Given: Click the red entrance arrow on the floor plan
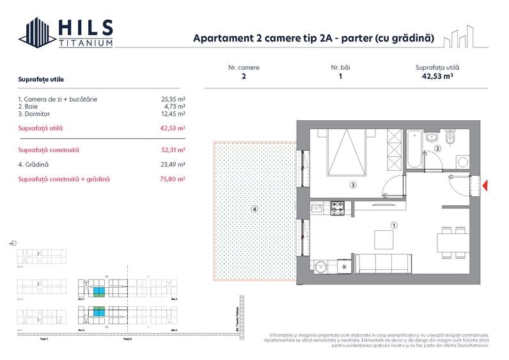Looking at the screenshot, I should tap(485, 186).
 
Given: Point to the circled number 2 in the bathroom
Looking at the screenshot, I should tap(438, 149).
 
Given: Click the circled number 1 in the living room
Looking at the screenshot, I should tap(394, 225).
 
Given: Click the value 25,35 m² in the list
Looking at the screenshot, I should tap(173, 99).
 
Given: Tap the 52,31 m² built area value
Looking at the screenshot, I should tap(173, 150).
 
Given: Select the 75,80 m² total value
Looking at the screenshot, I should tap(173, 179).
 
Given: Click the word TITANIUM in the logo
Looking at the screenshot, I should tap(86, 43).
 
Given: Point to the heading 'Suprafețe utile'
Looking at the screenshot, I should tap(41, 79).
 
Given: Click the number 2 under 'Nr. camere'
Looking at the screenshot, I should tap(244, 76).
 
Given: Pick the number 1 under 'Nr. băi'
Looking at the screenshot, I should tap(340, 76).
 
